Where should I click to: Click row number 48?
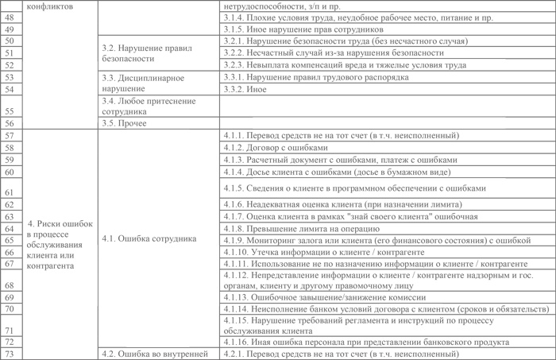click(9, 17)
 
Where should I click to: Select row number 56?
click(9, 123)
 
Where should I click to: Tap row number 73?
click(9, 354)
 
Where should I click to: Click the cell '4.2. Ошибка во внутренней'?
click(154, 354)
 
